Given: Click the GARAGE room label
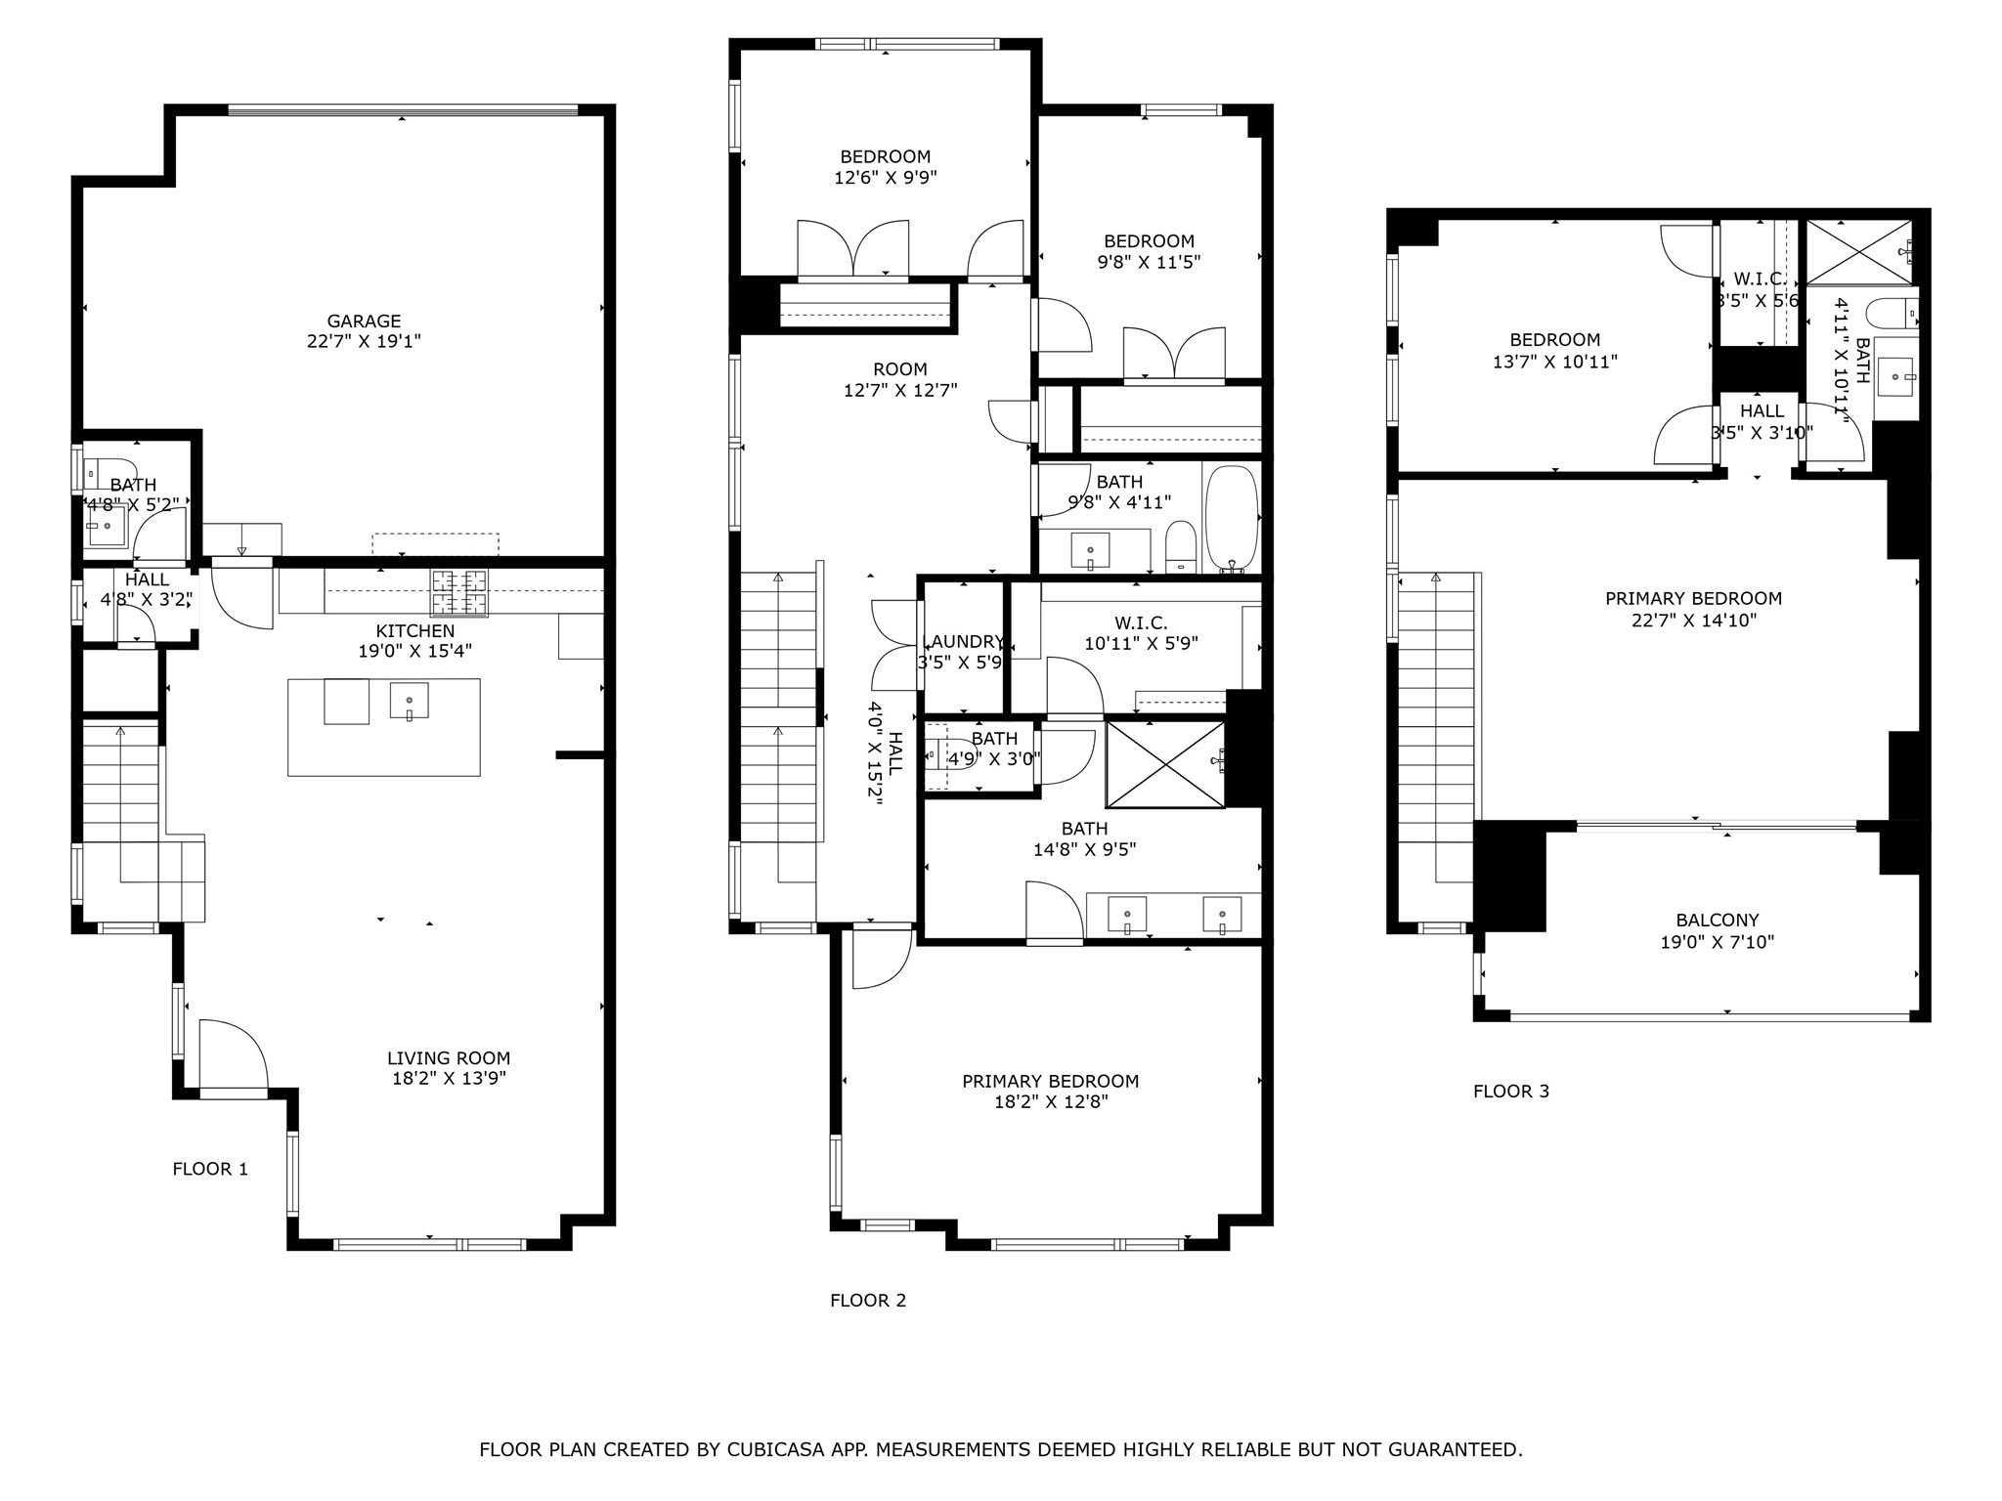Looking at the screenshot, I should click(364, 321).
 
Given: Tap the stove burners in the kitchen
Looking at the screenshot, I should click(459, 592).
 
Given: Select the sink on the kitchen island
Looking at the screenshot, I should click(409, 701).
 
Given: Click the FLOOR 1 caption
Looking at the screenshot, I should click(210, 1169).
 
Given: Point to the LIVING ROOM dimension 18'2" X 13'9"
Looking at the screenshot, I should click(448, 1079).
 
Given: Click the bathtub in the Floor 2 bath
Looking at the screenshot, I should click(1231, 518).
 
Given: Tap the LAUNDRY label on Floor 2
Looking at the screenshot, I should click(963, 642).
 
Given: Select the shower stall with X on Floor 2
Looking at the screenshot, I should click(1164, 764).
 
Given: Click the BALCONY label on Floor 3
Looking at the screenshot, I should click(1717, 920).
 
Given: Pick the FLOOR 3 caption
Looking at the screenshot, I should click(1510, 1091).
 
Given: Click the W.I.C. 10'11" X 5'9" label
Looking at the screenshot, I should click(1141, 633).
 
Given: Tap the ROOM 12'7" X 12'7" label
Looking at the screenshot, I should click(900, 379).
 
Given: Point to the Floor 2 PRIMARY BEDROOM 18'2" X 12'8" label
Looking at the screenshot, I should click(1050, 1091).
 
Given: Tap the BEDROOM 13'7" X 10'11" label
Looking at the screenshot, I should click(1554, 350).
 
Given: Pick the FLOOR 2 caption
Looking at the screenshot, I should click(868, 1300).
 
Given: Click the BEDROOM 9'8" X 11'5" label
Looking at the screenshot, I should click(1149, 251).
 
